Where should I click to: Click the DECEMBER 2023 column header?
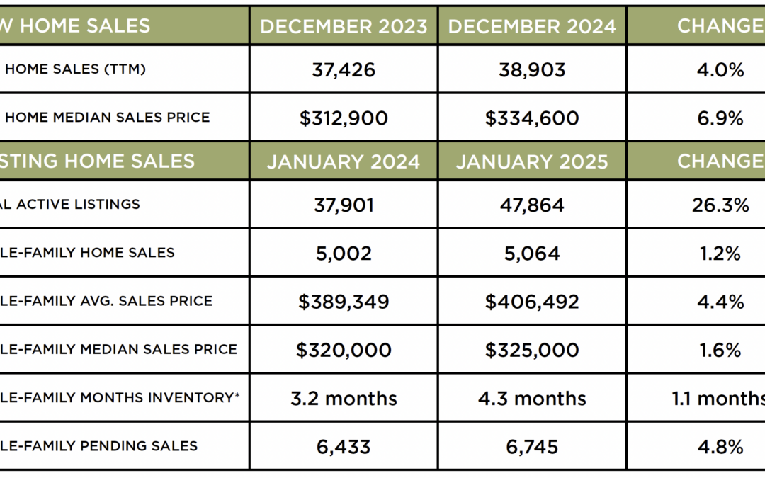coord(344,26)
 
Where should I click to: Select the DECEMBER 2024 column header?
coord(532,26)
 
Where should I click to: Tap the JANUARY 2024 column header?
coord(344,161)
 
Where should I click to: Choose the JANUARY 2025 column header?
coord(532,161)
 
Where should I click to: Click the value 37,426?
coord(344,69)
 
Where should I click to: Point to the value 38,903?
coord(532,69)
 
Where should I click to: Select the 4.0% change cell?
coord(720,69)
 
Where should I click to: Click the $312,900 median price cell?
coord(344,118)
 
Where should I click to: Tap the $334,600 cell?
coord(532,118)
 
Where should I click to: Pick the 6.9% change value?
coord(720,118)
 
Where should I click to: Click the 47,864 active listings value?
coord(532,205)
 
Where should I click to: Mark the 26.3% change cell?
coord(720,205)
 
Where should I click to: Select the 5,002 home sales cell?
coord(344,253)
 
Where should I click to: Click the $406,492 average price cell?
coord(532,302)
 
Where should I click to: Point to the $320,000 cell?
coord(344,350)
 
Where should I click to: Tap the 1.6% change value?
coord(720,350)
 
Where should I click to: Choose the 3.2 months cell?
coord(344,398)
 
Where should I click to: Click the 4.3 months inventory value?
coord(532,398)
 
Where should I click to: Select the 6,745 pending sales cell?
coord(532,446)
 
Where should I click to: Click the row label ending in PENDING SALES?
coord(99,446)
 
